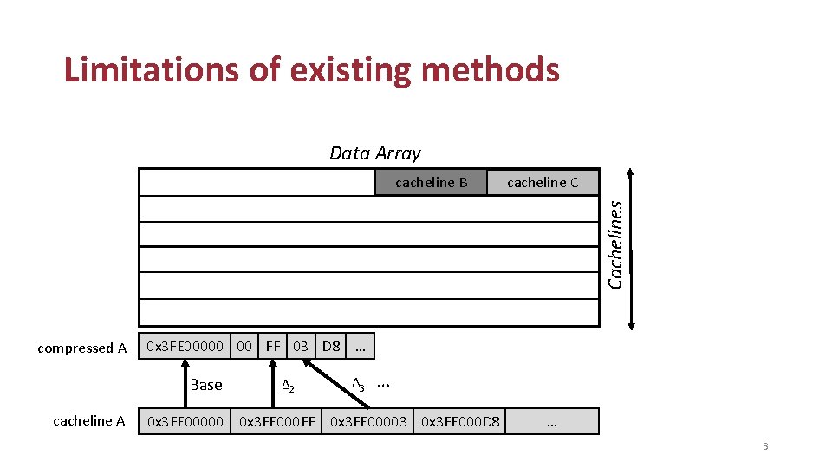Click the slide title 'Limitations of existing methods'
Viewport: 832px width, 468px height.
tap(312, 70)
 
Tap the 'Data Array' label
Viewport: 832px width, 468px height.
tap(374, 153)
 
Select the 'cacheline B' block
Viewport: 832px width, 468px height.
tap(431, 182)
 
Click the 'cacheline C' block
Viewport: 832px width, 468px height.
tap(543, 182)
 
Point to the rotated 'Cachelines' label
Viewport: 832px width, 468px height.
tap(614, 245)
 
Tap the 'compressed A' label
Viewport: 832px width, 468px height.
tap(82, 348)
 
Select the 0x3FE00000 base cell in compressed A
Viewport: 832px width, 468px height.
tap(185, 347)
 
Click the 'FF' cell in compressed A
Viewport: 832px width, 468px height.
tap(273, 347)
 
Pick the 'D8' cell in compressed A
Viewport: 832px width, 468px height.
tap(330, 347)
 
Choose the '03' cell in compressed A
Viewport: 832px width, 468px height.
tap(300, 347)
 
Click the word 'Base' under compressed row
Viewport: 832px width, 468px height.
tap(206, 385)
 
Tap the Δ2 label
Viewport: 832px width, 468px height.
tap(289, 386)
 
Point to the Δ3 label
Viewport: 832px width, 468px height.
tap(358, 384)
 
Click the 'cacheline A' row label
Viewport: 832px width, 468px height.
tap(89, 421)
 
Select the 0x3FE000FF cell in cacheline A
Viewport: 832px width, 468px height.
tap(277, 421)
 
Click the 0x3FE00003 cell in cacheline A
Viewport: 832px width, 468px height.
tap(368, 421)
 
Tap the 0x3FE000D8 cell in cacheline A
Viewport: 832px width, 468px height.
tap(460, 421)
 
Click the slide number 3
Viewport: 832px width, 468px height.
tap(765, 446)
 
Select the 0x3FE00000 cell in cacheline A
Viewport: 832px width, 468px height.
tap(185, 421)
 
